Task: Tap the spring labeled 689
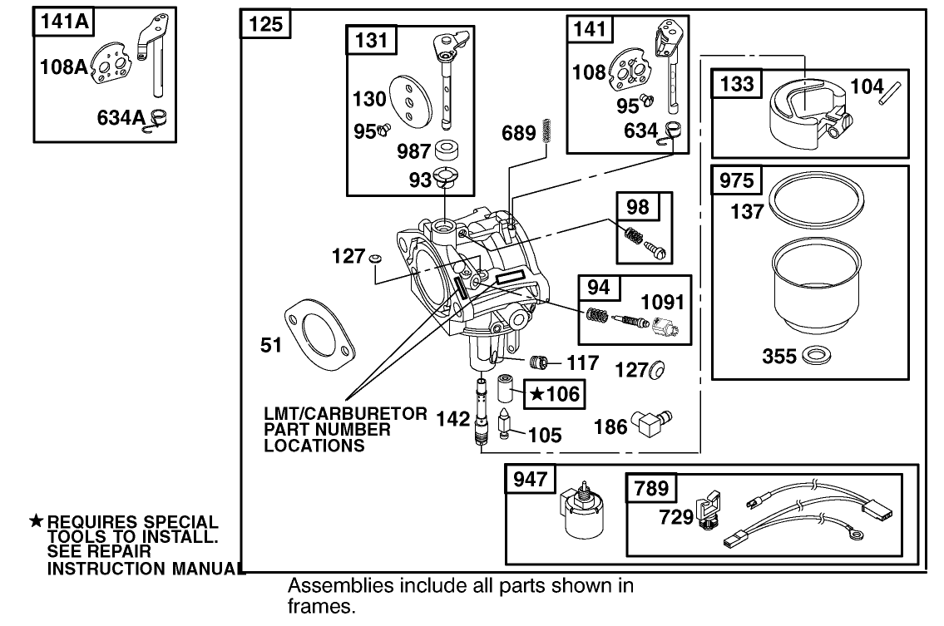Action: (546, 131)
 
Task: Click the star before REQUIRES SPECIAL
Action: (37, 521)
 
